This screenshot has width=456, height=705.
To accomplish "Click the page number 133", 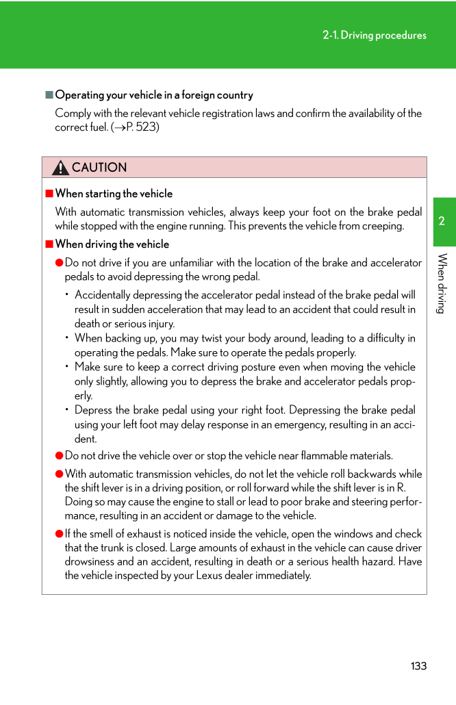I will point(418,666).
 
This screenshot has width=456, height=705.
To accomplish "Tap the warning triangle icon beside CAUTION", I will point(60,168).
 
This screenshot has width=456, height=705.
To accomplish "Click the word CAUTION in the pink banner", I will point(99,168).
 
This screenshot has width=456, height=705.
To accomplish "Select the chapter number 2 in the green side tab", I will point(442,221).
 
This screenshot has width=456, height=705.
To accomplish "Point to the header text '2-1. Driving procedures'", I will point(375,35).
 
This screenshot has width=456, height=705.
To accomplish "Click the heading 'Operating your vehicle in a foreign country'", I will point(154,95).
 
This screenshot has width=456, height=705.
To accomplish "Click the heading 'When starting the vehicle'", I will point(114,194).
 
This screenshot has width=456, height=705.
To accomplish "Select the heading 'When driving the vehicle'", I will point(112,244).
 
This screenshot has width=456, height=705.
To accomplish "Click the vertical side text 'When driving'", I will point(442,283).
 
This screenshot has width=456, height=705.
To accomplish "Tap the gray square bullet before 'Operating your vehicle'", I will point(49,95).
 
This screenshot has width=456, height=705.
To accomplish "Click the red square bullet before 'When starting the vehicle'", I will point(49,194).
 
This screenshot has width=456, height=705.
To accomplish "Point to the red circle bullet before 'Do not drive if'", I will point(60,263).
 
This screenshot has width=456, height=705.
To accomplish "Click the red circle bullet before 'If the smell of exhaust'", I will point(60,535).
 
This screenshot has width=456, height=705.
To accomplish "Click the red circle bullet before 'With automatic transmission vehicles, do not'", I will point(60,474).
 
